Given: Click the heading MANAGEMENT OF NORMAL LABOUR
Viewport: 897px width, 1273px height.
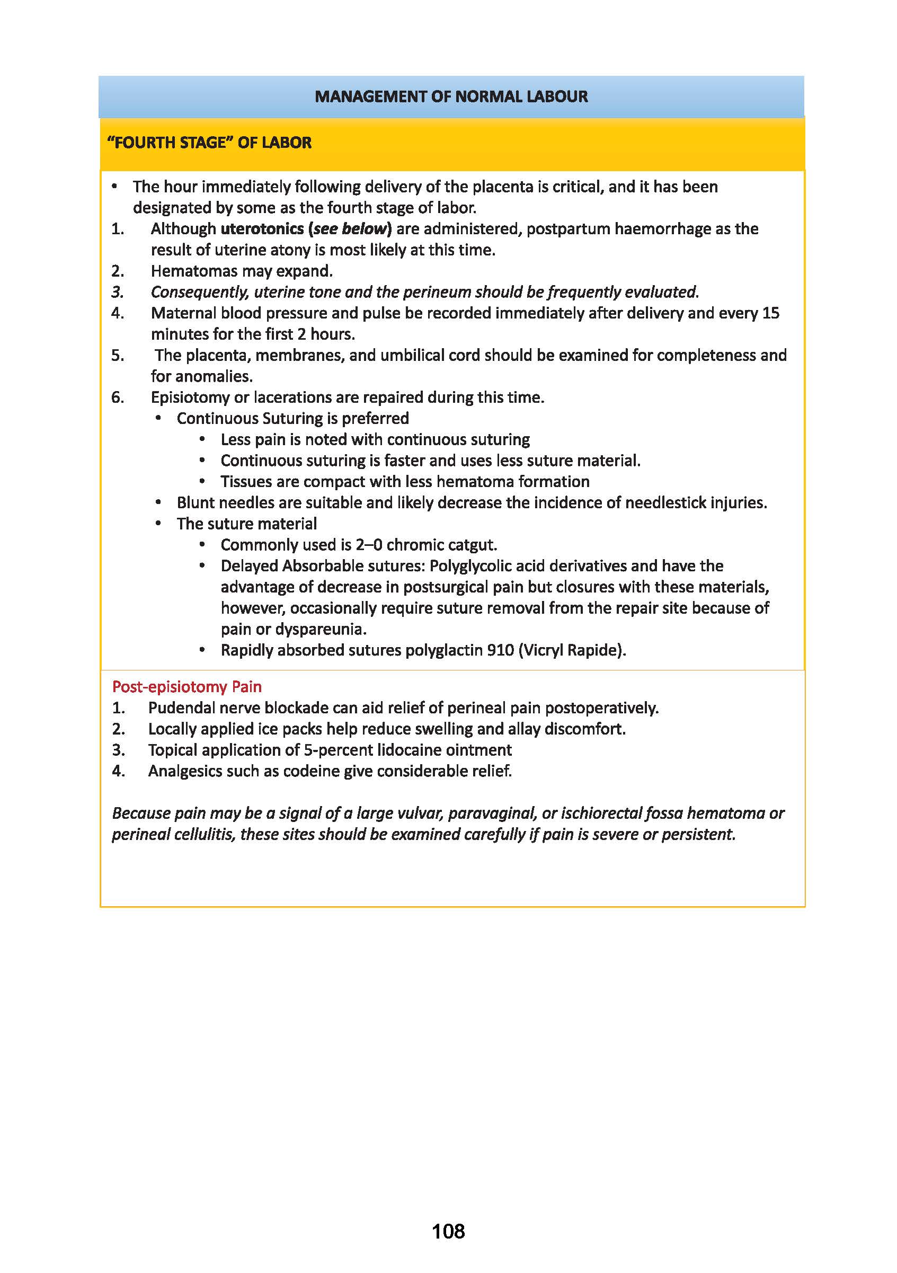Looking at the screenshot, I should pyautogui.click(x=451, y=96).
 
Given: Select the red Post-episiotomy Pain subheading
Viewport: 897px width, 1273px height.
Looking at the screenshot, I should pyautogui.click(x=187, y=686).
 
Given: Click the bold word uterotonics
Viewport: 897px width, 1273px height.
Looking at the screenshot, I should pyautogui.click(x=262, y=228).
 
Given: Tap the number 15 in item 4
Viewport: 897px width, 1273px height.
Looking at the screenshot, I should pyautogui.click(x=770, y=313).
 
